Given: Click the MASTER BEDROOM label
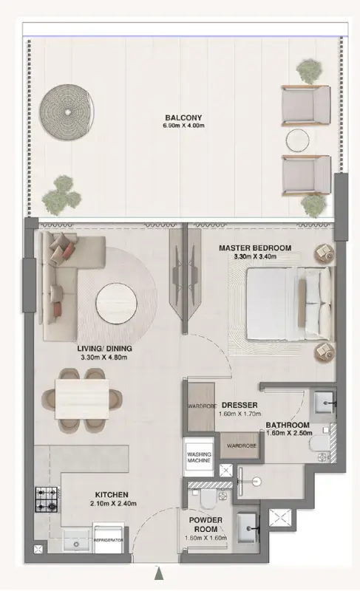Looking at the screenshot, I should click(x=254, y=248).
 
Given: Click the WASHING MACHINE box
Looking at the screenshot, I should click(x=198, y=456).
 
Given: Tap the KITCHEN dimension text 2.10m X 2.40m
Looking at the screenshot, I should click(x=112, y=504).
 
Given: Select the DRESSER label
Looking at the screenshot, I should click(x=238, y=406).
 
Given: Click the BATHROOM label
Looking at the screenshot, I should click(x=288, y=425).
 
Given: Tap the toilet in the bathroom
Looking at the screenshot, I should click(x=317, y=445).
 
